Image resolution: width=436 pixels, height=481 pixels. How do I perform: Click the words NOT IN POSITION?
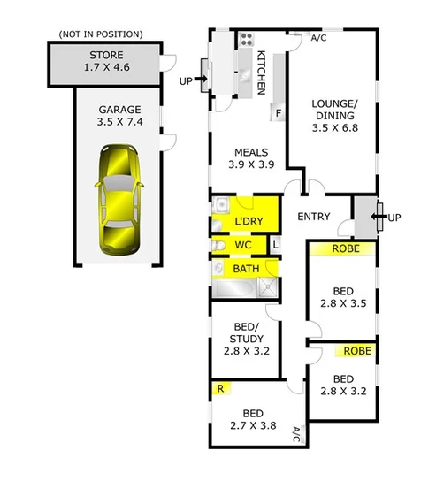pyautogui.click(x=99, y=34)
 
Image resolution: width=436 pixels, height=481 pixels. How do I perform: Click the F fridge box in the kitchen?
pyautogui.click(x=278, y=113)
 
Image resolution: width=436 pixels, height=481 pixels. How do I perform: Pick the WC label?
pyautogui.click(x=243, y=245)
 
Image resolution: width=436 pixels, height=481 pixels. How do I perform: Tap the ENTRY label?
pyautogui.click(x=313, y=217)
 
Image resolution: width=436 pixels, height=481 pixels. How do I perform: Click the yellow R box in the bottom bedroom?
pyautogui.click(x=218, y=386)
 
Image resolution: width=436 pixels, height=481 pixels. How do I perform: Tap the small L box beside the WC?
pyautogui.click(x=275, y=244)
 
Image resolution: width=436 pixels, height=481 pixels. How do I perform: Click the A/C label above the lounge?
pyautogui.click(x=319, y=38)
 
